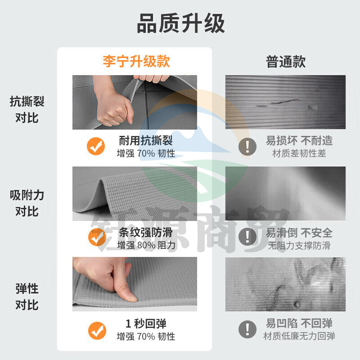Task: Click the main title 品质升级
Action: (180, 24)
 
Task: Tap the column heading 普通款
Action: (286, 62)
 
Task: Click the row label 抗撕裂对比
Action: (27, 110)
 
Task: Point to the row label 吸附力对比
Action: (27, 203)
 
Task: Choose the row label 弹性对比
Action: (27, 297)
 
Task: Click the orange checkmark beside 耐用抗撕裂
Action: (96, 146)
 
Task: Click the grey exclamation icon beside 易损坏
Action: (247, 146)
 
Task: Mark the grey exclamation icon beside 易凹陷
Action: (247, 330)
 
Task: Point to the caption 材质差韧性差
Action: (299, 153)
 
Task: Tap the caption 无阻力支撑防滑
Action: (299, 245)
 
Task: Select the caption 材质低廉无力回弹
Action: (299, 336)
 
